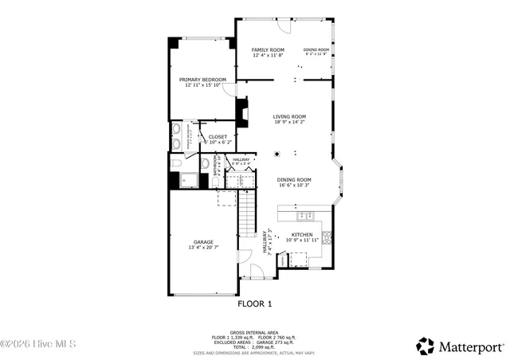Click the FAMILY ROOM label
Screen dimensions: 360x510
(x=268, y=49)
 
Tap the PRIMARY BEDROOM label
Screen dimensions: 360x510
(x=202, y=80)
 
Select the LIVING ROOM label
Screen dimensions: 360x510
(x=289, y=117)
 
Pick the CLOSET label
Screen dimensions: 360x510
(x=218, y=137)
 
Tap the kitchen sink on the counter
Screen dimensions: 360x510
(x=304, y=215)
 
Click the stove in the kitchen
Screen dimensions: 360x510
(x=326, y=237)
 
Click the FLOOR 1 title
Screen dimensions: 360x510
(x=255, y=303)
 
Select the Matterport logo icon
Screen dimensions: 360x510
(x=425, y=346)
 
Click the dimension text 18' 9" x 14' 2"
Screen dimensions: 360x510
(x=289, y=123)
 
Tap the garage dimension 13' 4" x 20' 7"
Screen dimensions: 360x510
(x=203, y=248)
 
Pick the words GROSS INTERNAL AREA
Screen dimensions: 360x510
(x=254, y=332)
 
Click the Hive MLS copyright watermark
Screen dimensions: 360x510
(x=38, y=345)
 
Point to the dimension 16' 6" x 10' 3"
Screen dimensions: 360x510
(x=294, y=186)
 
